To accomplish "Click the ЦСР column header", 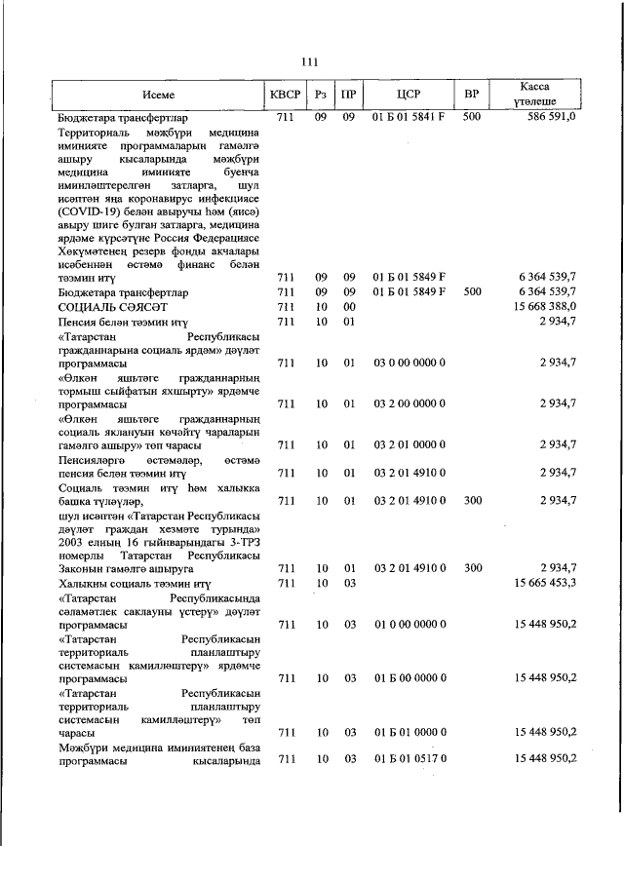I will (408, 95).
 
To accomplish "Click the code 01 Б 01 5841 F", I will (409, 116).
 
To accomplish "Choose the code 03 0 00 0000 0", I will (409, 363).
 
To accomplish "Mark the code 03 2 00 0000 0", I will (409, 403).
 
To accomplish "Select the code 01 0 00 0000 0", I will (409, 623).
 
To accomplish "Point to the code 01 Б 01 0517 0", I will (409, 758).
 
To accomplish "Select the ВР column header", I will (471, 95).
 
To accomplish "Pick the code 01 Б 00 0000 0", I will (409, 677).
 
